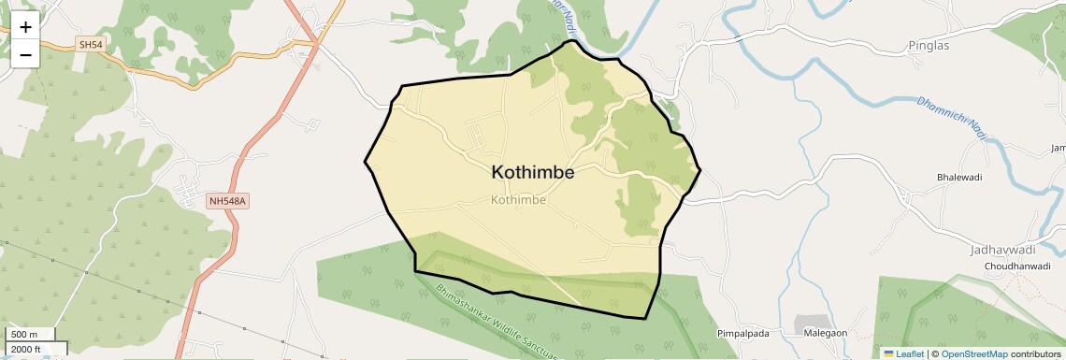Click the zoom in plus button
pos(25,27)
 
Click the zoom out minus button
pos(25,54)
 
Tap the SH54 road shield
pos(90,44)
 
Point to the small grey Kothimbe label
pos(518,199)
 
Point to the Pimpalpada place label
pos(742,333)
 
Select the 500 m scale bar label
pos(24,335)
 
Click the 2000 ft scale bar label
pos(26,349)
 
